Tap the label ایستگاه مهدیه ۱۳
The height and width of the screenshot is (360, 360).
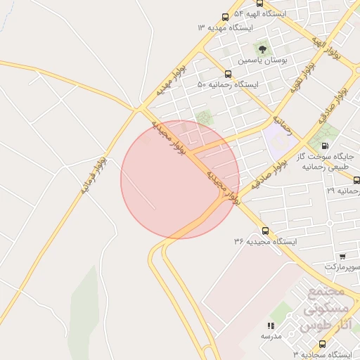coord(226,27)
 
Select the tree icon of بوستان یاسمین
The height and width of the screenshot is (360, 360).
coord(263,49)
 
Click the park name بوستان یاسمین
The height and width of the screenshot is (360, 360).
coord(263,60)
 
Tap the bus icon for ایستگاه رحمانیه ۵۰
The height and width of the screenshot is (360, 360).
coord(227,74)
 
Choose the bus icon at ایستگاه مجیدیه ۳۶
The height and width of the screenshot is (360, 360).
coord(265,231)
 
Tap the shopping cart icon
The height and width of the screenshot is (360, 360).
coord(342,257)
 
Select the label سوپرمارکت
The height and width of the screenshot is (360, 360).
coord(342,267)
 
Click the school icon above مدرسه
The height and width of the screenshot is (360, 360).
coord(271,326)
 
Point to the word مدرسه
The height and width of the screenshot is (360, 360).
coord(271,336)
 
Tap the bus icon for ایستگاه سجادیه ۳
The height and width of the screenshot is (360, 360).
coord(322,345)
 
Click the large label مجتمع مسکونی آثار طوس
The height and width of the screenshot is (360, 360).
coord(324,309)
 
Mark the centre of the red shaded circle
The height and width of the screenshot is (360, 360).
coord(180,179)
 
